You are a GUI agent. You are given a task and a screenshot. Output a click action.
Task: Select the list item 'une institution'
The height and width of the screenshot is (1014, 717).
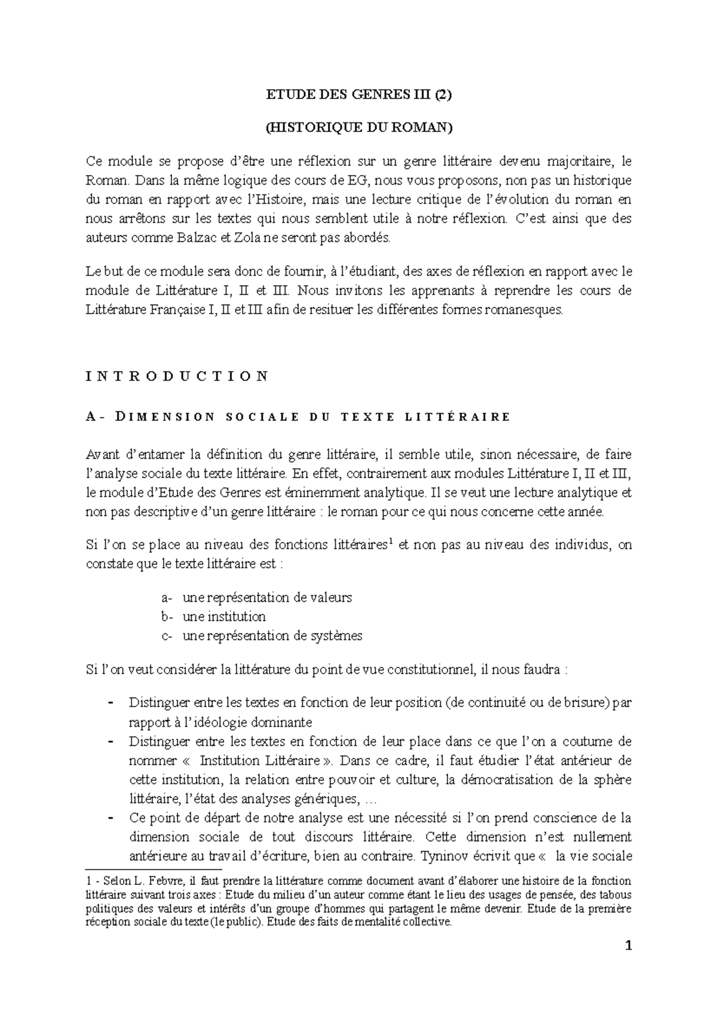(224, 616)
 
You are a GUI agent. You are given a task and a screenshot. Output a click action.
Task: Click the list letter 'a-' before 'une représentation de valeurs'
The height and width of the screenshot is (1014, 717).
(167, 597)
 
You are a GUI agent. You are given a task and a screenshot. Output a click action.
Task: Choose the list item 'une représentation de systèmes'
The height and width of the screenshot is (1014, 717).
(272, 635)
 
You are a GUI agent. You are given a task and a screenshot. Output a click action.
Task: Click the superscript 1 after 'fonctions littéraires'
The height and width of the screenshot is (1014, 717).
(390, 542)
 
